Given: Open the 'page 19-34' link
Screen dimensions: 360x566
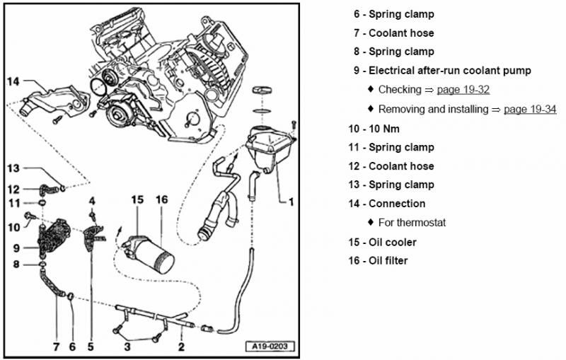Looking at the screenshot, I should (x=529, y=110).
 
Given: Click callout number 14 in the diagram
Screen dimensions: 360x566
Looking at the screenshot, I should (x=15, y=81).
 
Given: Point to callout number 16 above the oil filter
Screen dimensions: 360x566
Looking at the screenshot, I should (x=161, y=200).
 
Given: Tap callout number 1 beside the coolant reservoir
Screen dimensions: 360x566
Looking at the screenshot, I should (x=290, y=202).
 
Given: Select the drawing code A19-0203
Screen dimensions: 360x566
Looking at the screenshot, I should (x=270, y=347).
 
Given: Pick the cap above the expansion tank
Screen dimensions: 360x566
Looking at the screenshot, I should (x=262, y=91).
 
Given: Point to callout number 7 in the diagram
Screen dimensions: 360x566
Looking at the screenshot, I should (x=55, y=347).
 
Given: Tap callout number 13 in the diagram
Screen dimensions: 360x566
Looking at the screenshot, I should (x=14, y=168).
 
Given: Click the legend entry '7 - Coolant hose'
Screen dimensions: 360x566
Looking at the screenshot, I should (x=394, y=33).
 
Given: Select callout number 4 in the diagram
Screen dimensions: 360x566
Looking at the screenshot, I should (x=92, y=200).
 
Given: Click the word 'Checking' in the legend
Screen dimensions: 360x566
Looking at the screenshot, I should (x=400, y=90).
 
